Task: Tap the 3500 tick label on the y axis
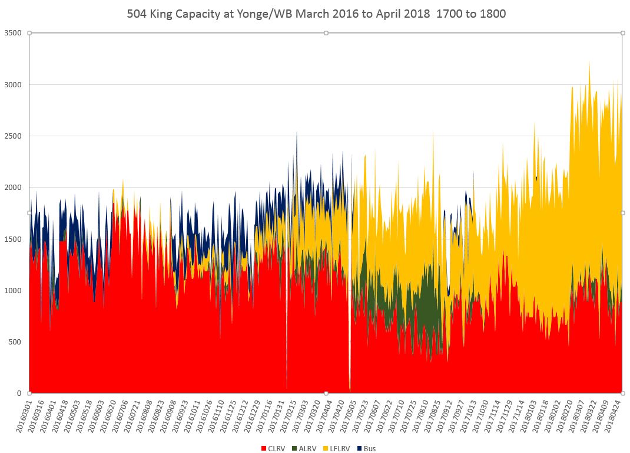(12, 33)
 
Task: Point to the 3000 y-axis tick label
(12, 84)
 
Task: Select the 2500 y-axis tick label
(12, 136)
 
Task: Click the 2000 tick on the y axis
(12, 188)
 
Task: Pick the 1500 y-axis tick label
(12, 239)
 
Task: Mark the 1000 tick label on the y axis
(12, 291)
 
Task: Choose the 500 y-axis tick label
(15, 342)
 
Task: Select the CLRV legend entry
(274, 448)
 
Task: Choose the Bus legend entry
(366, 448)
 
